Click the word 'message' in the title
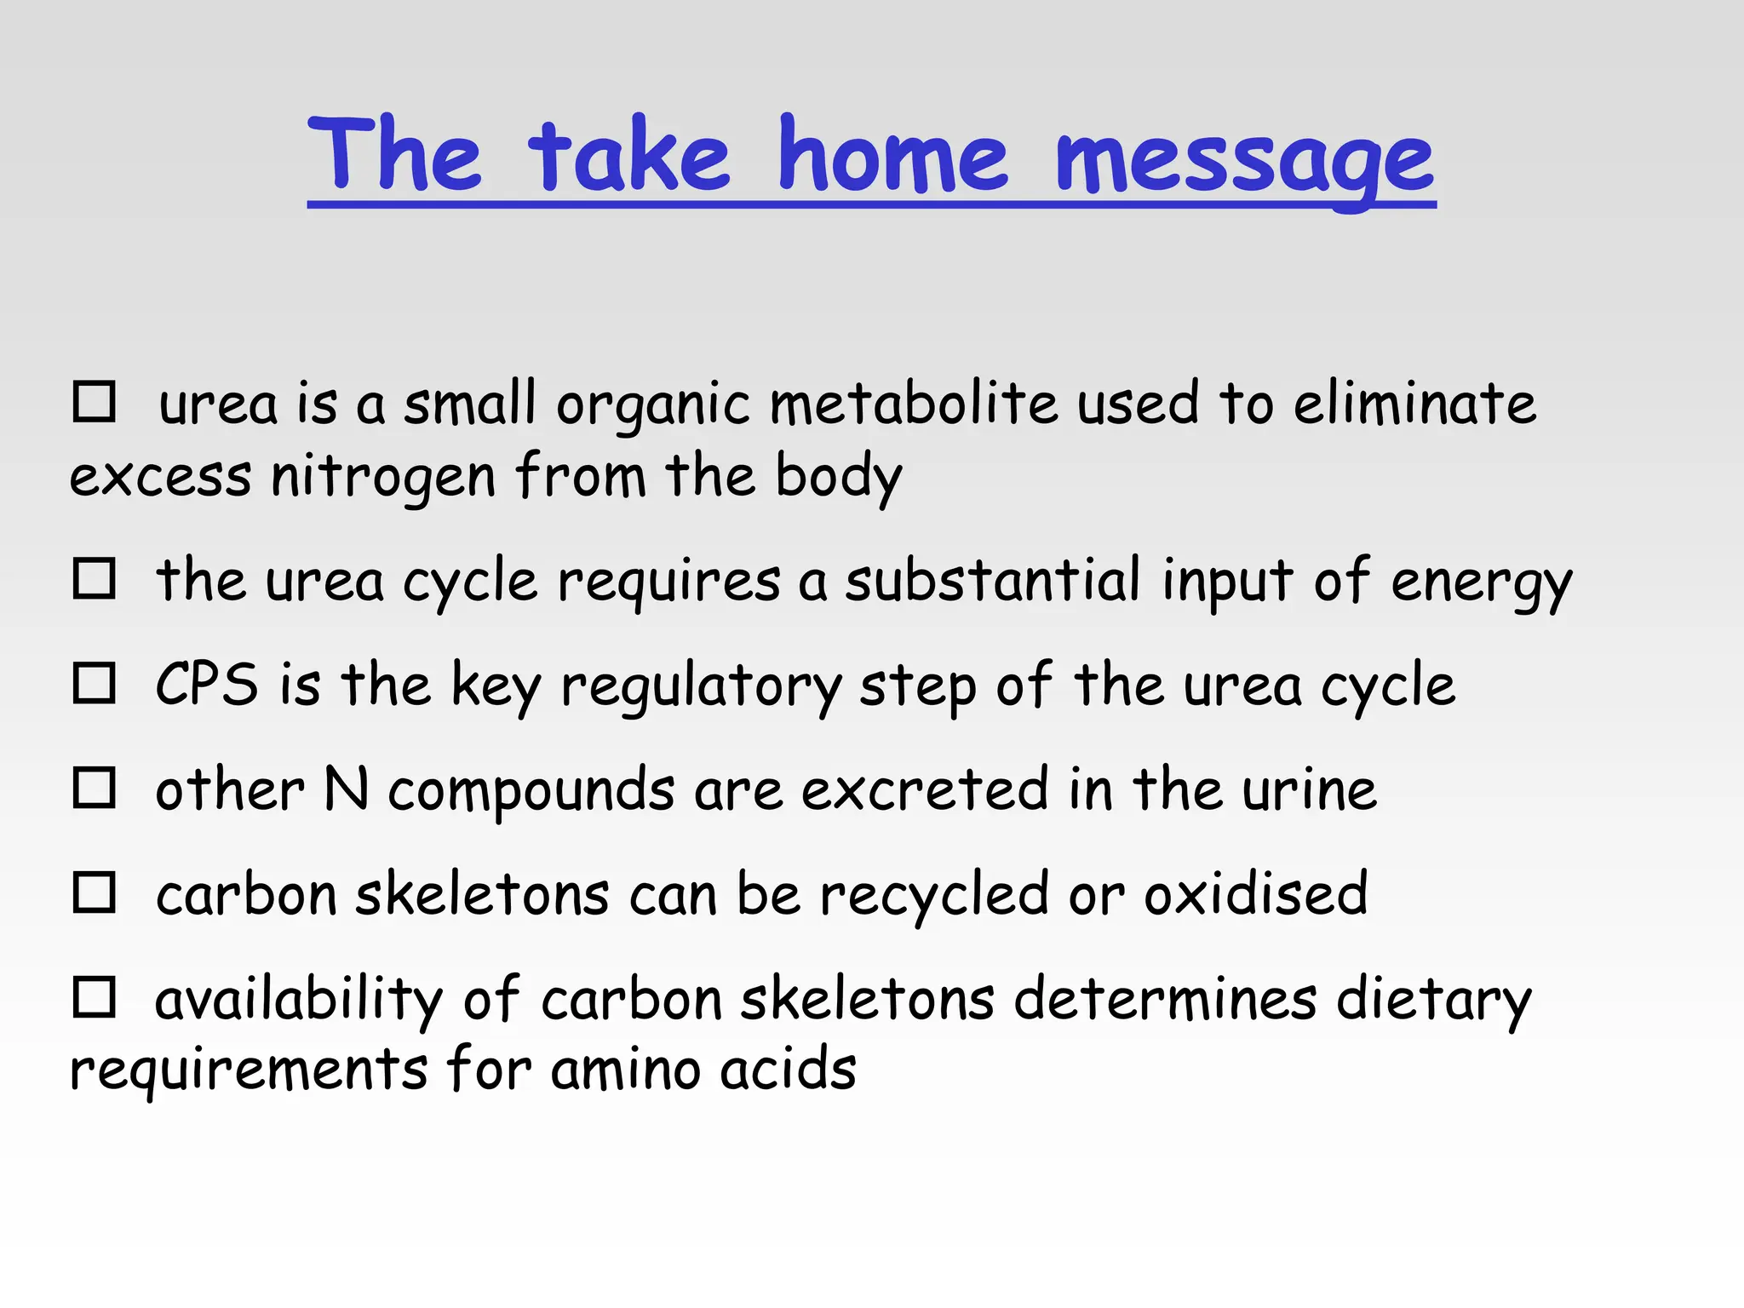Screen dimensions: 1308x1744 click(1245, 158)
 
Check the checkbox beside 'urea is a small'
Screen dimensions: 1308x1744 click(94, 402)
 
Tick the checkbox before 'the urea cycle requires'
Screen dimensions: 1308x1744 click(94, 579)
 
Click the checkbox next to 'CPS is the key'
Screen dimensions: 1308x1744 click(94, 683)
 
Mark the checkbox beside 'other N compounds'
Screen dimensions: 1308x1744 click(94, 788)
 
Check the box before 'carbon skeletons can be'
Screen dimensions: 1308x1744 click(94, 892)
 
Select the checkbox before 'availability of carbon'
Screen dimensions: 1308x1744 click(94, 997)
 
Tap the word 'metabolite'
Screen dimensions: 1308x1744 click(913, 404)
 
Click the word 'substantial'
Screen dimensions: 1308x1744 click(992, 581)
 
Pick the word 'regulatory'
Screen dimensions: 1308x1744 click(701, 686)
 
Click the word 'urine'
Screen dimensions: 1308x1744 click(1309, 790)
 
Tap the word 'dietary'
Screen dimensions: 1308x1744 click(1434, 1000)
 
